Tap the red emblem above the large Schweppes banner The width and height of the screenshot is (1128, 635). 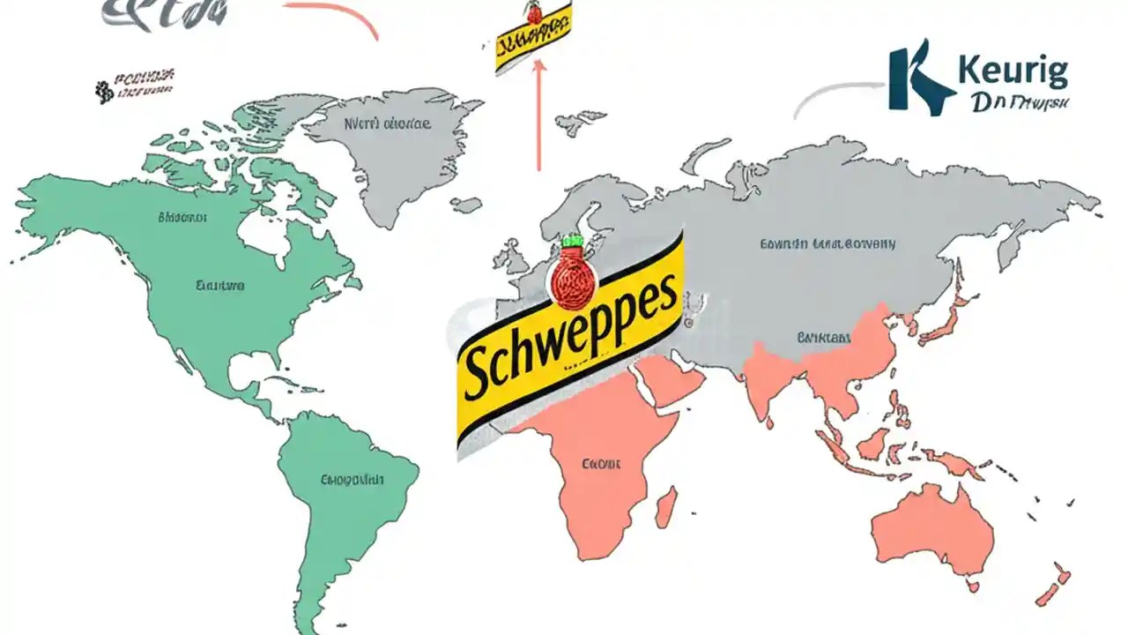[571, 280]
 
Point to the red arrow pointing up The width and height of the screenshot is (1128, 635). [538, 115]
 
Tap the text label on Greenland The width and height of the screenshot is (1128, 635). [388, 124]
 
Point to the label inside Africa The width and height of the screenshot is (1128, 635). [602, 463]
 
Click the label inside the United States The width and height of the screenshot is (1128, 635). [220, 286]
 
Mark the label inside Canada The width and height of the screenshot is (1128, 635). [182, 216]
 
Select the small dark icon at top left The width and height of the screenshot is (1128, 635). [105, 90]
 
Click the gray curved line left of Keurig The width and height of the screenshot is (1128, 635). [837, 95]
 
